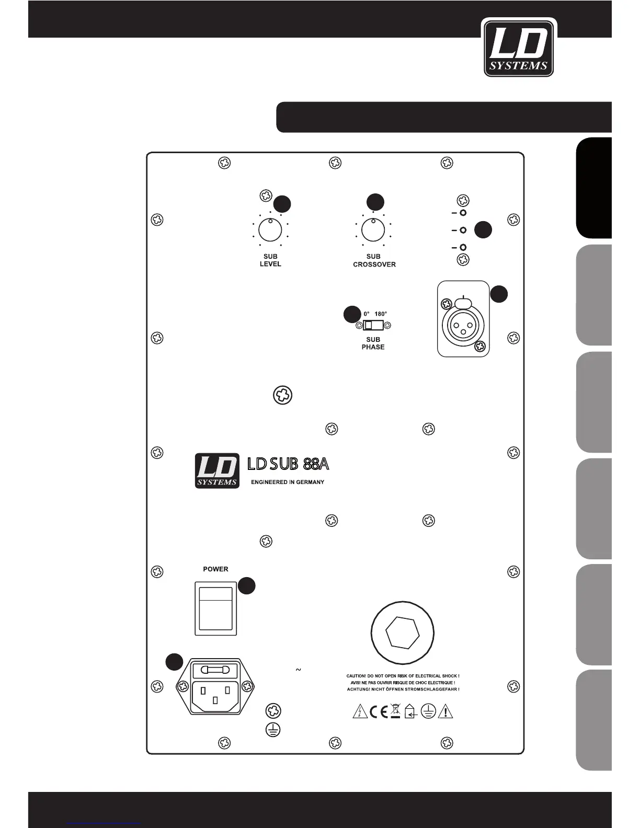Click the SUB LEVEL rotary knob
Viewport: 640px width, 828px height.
[x=270, y=230]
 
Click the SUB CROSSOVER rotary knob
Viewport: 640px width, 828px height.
[x=373, y=230]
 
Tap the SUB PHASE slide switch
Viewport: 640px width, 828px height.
[x=373, y=326]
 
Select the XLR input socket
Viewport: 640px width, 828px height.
[x=463, y=325]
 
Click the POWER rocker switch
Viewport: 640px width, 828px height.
[x=215, y=608]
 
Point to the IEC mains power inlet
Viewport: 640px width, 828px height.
[x=215, y=695]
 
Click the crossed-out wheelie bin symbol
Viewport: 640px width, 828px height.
[x=395, y=711]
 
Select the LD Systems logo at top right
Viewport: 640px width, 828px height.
[x=519, y=48]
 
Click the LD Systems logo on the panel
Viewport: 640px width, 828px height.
[x=217, y=470]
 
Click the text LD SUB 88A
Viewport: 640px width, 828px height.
[x=288, y=464]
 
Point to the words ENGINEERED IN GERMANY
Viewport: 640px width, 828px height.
[x=288, y=482]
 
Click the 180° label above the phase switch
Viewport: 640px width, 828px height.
[x=381, y=314]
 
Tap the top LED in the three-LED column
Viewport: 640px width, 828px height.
[x=463, y=213]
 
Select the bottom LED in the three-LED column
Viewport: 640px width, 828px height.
[x=463, y=247]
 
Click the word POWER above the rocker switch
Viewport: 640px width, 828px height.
[x=215, y=569]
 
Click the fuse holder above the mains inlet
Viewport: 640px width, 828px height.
[x=215, y=670]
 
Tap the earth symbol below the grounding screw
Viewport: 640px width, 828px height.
[x=273, y=730]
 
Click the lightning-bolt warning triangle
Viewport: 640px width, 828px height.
[x=360, y=711]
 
